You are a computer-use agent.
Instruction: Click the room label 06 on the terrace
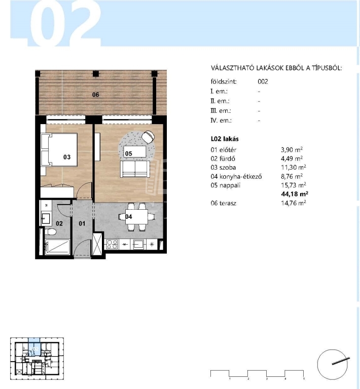(96, 95)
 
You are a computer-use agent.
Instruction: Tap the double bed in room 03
(59, 149)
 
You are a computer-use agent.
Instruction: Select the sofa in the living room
(135, 169)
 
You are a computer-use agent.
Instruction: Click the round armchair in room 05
(148, 137)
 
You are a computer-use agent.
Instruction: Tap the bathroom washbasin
(46, 218)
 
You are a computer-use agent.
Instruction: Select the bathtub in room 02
(58, 247)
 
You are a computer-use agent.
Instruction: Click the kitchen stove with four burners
(112, 244)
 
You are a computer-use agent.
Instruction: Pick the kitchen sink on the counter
(138, 244)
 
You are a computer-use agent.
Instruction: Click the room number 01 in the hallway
(82, 223)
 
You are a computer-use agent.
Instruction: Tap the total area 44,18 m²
(295, 194)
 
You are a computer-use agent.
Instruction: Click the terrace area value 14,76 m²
(294, 203)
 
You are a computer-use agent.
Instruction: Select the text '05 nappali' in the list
(226, 185)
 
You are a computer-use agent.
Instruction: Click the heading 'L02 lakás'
(225, 139)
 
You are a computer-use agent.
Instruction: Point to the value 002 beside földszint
(263, 82)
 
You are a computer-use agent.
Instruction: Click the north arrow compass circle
(332, 365)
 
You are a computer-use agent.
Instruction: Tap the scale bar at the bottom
(257, 374)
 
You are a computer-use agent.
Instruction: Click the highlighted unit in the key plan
(34, 347)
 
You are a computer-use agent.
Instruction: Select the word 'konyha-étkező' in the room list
(240, 177)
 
